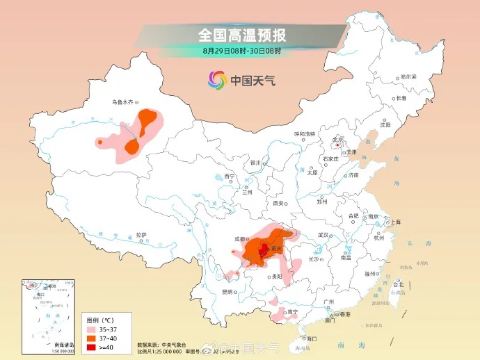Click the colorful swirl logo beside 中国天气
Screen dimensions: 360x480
217,80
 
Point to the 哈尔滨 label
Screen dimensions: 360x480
408,77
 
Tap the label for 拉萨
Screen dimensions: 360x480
141,235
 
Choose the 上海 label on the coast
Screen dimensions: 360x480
395,222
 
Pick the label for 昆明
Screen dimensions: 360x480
227,292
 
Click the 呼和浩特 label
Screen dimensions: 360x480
305,133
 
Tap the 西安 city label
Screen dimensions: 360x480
278,204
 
